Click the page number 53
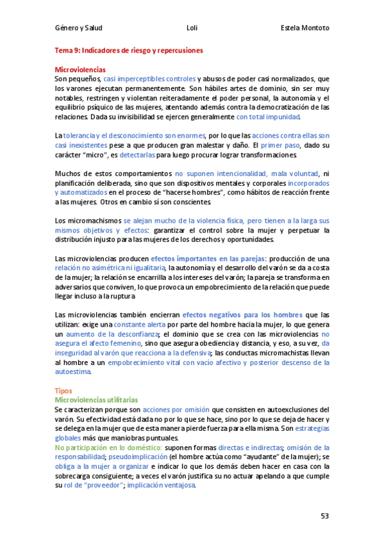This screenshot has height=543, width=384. click(x=324, y=516)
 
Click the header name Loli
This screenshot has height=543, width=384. click(x=192, y=29)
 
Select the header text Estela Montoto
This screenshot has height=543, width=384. click(x=305, y=29)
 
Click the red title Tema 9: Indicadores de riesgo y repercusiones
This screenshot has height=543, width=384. click(x=129, y=49)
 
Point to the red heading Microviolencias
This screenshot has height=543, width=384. click(x=80, y=69)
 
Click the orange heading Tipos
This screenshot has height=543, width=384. click(x=63, y=390)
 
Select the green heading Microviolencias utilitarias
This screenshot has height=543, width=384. click(x=96, y=399)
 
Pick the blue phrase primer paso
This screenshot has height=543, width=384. click(x=280, y=146)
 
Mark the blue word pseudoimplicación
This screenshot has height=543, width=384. click(x=124, y=457)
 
